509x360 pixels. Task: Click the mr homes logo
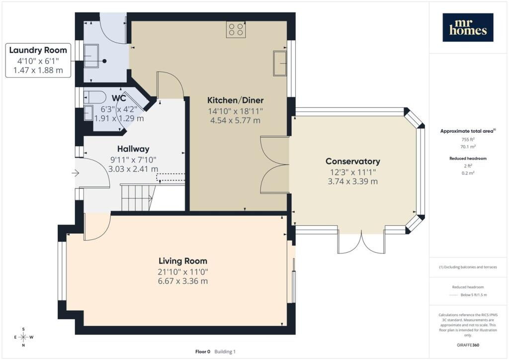(x=468, y=27)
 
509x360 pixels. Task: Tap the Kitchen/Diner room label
(x=235, y=100)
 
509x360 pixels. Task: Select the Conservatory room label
(x=352, y=161)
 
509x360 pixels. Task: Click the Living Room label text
(x=183, y=261)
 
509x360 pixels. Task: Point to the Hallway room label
(x=133, y=149)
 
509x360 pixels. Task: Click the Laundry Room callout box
(x=38, y=60)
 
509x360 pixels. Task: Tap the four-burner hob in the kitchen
(x=236, y=29)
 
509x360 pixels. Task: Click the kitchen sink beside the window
(x=280, y=63)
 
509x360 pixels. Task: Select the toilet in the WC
(x=95, y=97)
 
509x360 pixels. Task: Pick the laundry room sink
(x=91, y=56)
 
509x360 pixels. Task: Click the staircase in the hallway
(x=137, y=197)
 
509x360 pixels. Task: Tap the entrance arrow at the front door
(x=76, y=173)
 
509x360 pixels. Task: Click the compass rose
(x=23, y=337)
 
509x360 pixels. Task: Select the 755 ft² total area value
(x=468, y=139)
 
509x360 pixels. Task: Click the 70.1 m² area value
(x=468, y=147)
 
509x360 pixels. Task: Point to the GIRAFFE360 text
(x=468, y=345)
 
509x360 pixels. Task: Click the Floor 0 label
(x=203, y=352)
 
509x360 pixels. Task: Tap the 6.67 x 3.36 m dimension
(x=183, y=281)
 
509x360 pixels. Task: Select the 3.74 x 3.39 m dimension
(x=352, y=181)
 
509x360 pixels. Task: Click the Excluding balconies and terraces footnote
(x=468, y=267)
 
